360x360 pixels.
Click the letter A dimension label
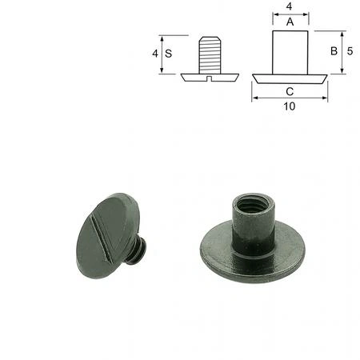coord(290,22)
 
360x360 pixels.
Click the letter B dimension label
coord(334,51)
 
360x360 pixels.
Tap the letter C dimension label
coord(290,91)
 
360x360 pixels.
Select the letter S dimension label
coord(168,54)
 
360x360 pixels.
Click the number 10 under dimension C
coord(290,106)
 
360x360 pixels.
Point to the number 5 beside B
coord(350,51)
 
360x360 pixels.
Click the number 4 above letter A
coord(289,6)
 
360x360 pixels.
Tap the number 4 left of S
coord(155,54)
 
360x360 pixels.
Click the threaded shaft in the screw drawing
coord(210,55)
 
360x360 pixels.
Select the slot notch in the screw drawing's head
coord(210,78)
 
